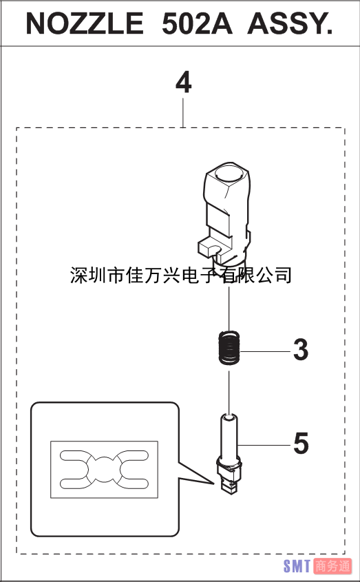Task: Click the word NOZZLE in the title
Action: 85,23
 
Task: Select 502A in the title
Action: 197,23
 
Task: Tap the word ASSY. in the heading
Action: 290,23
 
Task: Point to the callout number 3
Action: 301,350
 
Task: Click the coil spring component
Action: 229,347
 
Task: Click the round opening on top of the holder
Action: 230,172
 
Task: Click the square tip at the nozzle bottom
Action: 229,487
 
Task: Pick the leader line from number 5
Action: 264,445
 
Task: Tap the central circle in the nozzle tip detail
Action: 105,470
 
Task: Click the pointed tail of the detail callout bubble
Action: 214,484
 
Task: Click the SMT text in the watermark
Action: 297,566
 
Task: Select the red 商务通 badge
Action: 332,566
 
